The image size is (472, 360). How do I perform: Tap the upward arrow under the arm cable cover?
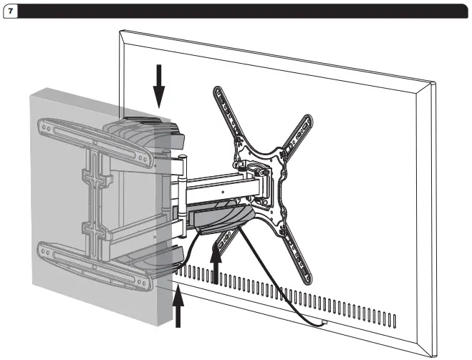click(x=216, y=261)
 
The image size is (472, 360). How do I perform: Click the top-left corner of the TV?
click(x=121, y=31)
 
